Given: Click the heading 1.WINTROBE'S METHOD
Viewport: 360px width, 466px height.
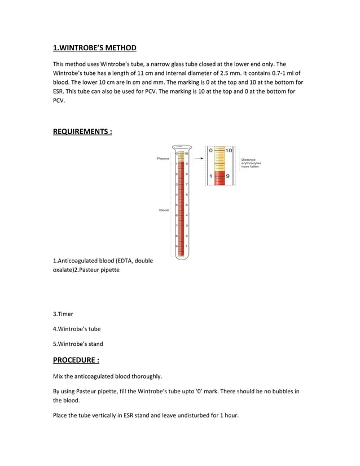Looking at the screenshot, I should click(x=94, y=47).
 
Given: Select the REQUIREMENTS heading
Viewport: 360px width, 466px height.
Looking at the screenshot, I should click(x=82, y=131).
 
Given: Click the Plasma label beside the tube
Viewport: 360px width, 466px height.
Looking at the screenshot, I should click(x=163, y=159).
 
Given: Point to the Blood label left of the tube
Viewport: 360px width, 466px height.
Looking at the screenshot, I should click(x=163, y=210).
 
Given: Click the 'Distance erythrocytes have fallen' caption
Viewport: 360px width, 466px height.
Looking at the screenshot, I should click(x=251, y=163).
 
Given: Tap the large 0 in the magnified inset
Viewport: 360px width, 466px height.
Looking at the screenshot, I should click(x=211, y=151).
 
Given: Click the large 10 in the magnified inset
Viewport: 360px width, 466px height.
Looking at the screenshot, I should click(x=229, y=151).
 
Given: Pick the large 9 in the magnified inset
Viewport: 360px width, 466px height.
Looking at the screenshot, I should click(x=228, y=177).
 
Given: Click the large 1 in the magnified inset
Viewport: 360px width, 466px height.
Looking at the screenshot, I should click(x=211, y=177).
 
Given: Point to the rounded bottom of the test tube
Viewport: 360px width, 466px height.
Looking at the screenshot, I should click(x=182, y=257).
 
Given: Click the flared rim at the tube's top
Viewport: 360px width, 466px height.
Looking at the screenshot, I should click(x=182, y=147).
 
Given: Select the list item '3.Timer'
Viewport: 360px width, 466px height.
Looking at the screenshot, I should click(x=63, y=314).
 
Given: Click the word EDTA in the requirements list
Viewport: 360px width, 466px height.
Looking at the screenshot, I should click(x=124, y=261).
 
